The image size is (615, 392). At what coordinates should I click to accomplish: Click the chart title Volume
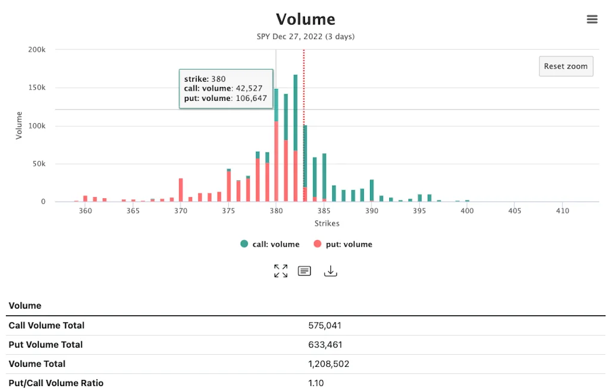[305, 19]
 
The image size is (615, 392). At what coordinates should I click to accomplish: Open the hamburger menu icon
[592, 19]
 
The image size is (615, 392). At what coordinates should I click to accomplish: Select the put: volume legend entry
[343, 244]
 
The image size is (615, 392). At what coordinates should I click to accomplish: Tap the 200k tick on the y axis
[37, 50]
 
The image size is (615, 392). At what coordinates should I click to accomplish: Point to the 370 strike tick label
[180, 211]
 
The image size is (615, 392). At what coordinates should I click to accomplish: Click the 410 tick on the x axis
[562, 211]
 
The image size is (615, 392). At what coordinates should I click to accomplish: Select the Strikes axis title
[327, 223]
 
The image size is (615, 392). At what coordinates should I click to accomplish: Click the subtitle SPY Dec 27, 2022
[305, 37]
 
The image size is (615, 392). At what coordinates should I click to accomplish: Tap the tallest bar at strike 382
[295, 114]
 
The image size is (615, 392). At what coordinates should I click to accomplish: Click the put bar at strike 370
[180, 190]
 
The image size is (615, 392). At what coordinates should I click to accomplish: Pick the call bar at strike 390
[372, 190]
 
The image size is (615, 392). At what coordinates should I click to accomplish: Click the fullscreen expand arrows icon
[280, 271]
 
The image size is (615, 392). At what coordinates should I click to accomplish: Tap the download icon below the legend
[330, 271]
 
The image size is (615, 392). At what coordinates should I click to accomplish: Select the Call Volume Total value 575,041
[325, 325]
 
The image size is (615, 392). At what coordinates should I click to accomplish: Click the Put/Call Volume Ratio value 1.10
[316, 383]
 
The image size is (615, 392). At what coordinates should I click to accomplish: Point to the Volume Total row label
[37, 364]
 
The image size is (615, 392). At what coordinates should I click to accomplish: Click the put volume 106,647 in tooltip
[251, 98]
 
